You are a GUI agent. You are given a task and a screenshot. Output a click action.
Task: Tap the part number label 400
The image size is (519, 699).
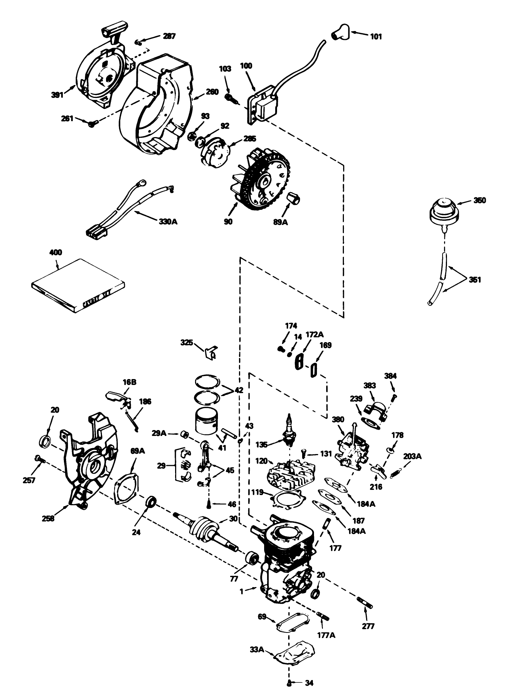pyautogui.click(x=55, y=253)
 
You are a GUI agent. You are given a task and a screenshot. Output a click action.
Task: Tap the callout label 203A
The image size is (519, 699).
pyautogui.click(x=413, y=456)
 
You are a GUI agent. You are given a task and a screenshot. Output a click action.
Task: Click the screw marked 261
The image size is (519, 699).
pyautogui.click(x=93, y=124)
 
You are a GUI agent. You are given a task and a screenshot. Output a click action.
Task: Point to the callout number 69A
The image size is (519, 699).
pyautogui.click(x=138, y=451)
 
